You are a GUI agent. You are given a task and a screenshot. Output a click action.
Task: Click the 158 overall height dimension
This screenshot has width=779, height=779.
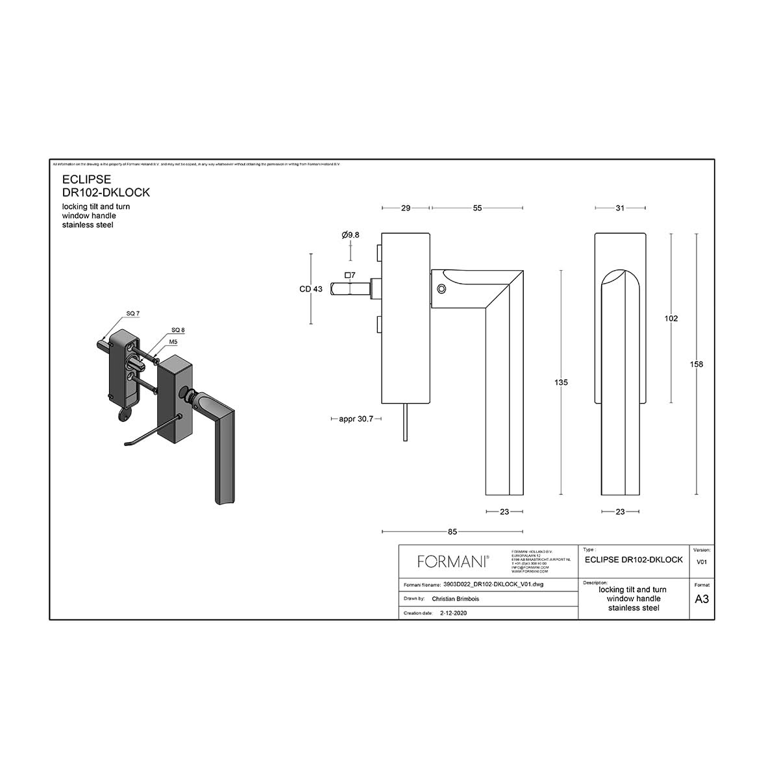click(x=696, y=364)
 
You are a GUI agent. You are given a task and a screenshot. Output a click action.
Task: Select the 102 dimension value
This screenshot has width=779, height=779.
click(x=671, y=318)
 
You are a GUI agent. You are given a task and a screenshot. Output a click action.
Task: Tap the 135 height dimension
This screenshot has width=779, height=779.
click(x=561, y=382)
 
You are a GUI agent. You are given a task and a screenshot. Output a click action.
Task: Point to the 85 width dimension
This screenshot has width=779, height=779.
click(x=452, y=532)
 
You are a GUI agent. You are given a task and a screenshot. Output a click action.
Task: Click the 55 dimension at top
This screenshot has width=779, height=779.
click(x=477, y=208)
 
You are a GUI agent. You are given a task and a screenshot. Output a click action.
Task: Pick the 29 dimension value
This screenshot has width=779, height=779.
click(x=406, y=208)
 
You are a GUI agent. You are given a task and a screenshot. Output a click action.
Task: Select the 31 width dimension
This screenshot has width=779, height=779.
click(x=620, y=208)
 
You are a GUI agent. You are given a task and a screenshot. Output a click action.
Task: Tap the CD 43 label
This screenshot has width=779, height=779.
click(x=311, y=289)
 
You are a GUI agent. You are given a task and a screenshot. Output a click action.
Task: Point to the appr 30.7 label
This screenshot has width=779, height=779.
click(x=356, y=419)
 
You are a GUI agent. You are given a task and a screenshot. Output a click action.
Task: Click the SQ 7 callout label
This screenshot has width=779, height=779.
click(x=133, y=314)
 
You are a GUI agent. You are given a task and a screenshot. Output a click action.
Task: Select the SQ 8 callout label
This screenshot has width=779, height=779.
click(x=178, y=330)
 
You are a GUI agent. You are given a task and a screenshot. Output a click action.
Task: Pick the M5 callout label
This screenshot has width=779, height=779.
click(x=174, y=341)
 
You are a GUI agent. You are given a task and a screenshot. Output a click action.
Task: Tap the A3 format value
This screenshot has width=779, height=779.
click(x=702, y=599)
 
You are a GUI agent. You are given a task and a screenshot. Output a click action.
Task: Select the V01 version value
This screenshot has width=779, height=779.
click(x=702, y=562)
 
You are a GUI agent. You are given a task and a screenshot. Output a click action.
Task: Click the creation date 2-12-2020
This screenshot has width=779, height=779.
click(x=453, y=613)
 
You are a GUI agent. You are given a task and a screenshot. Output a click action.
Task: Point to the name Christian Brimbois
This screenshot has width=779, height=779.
click(x=455, y=599)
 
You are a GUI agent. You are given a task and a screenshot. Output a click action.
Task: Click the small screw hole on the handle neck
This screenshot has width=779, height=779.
click(x=441, y=289)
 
